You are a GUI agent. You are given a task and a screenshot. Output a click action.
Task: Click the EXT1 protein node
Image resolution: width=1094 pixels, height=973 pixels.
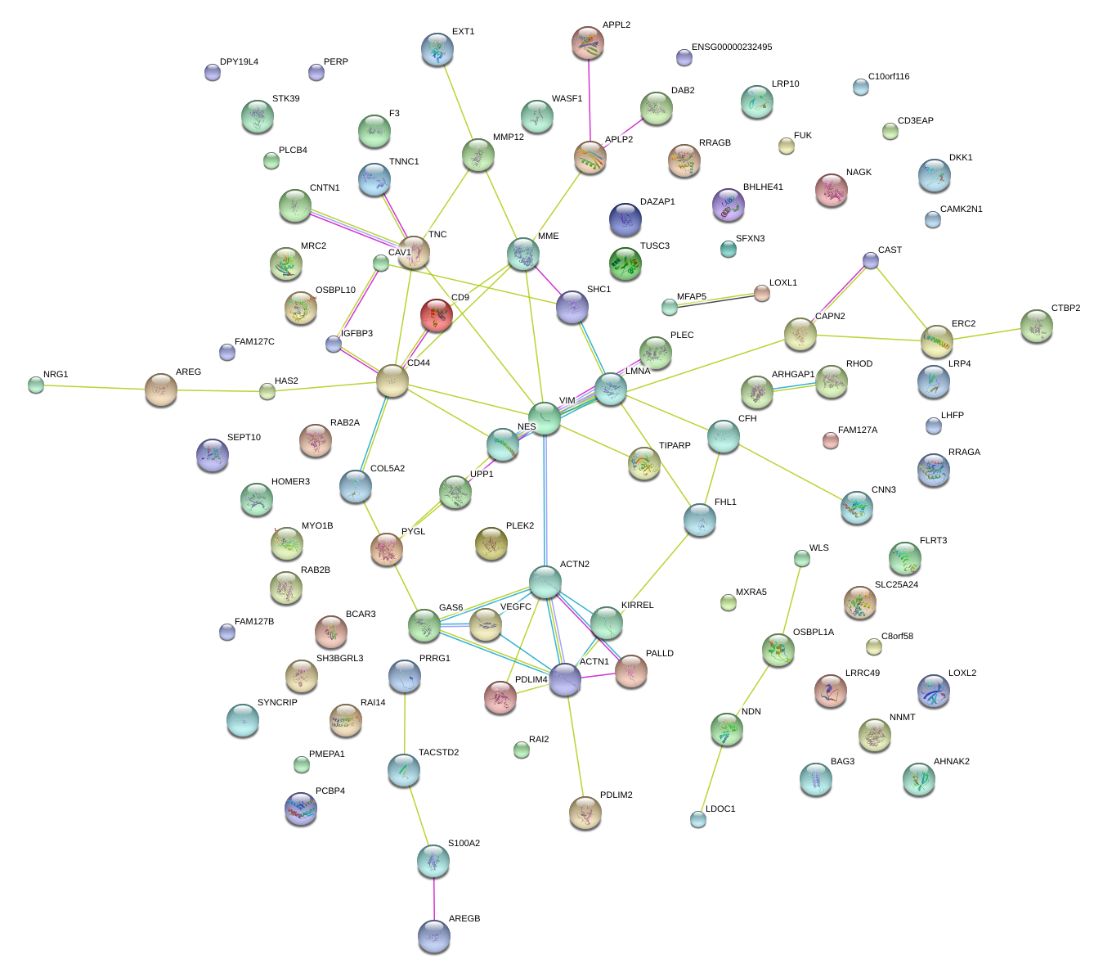(x=437, y=49)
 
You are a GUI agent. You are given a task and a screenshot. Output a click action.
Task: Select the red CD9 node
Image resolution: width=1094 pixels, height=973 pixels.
(x=437, y=314)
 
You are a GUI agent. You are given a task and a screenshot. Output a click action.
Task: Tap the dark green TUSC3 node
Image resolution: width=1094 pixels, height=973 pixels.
(x=625, y=264)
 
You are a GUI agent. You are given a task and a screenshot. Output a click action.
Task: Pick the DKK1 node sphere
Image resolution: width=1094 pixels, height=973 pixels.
(x=935, y=175)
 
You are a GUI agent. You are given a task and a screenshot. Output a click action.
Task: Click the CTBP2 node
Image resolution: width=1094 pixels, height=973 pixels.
(x=1037, y=326)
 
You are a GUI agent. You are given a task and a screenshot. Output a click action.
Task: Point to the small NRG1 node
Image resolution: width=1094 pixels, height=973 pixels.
(x=35, y=384)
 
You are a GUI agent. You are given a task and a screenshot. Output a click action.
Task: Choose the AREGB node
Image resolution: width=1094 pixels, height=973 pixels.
(x=433, y=936)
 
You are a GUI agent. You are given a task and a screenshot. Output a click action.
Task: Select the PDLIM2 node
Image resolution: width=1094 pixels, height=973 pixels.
(x=585, y=812)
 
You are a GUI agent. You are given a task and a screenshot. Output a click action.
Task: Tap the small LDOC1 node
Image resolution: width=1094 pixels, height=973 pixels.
(x=697, y=818)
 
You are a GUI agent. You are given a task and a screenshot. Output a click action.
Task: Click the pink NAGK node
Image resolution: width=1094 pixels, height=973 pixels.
(x=832, y=190)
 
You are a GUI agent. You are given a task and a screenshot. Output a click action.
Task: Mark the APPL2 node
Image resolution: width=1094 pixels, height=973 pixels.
(x=588, y=43)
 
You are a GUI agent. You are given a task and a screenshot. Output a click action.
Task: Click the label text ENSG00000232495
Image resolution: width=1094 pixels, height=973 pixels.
(x=731, y=47)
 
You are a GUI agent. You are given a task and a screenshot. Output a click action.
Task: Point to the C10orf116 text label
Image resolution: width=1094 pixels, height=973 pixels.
(x=889, y=77)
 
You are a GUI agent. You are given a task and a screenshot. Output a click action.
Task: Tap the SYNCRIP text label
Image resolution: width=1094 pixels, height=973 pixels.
(x=277, y=703)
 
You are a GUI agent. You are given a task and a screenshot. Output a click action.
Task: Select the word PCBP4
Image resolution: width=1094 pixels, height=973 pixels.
(x=330, y=791)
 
